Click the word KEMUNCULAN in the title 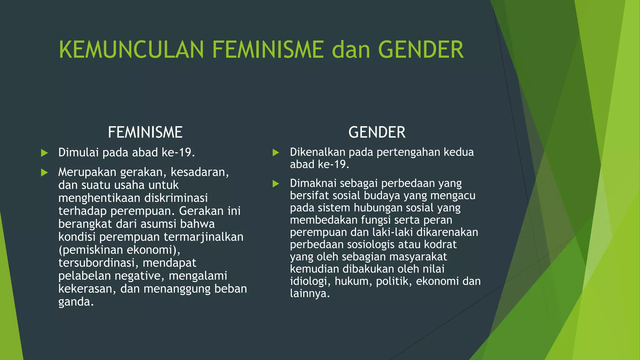131,50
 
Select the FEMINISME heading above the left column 145,132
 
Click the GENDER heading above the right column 377,132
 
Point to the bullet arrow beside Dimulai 44,153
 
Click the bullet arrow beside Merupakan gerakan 44,172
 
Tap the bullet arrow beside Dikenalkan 276,152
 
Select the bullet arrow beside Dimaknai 276,183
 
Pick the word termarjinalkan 203,237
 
